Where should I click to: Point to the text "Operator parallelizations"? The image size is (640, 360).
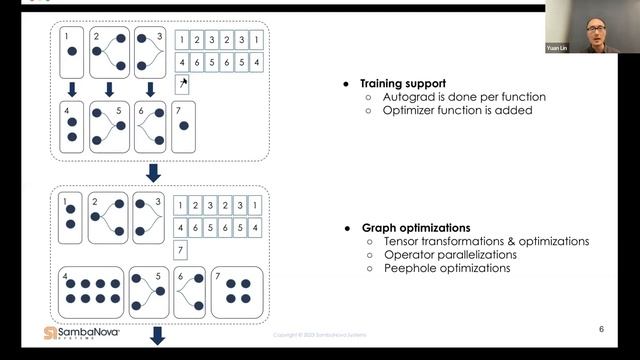point(447,255)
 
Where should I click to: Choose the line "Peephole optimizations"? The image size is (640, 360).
point(446,268)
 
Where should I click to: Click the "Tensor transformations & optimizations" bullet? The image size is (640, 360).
point(486,241)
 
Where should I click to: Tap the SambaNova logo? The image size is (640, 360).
point(82,334)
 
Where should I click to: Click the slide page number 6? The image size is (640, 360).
point(601,328)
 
